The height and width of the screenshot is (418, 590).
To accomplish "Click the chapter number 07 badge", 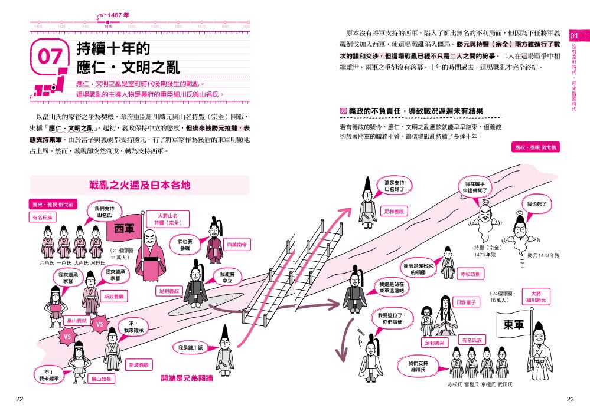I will (50, 56).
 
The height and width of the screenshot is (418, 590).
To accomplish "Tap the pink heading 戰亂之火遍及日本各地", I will (139, 185).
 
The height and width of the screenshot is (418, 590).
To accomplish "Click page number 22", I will (19, 400).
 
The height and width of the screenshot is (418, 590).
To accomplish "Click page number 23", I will (570, 400).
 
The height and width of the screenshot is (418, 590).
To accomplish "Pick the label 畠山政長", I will (102, 378).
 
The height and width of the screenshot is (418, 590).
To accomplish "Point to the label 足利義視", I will (395, 211).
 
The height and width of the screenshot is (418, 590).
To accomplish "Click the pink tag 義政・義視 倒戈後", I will (534, 147).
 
